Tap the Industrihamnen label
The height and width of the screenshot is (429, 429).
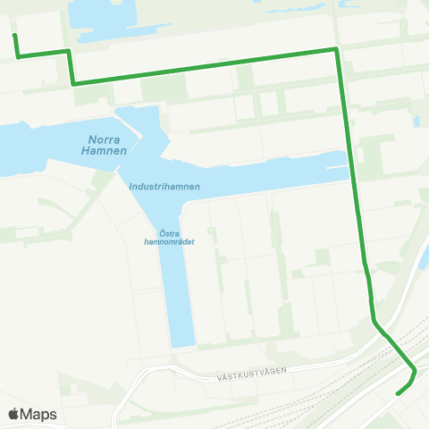pyautogui.click(x=164, y=187)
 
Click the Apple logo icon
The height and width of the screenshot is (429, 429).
pyautogui.click(x=14, y=414)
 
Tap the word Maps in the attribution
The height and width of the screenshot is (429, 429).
pyautogui.click(x=39, y=415)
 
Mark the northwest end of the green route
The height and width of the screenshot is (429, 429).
pyautogui.click(x=13, y=35)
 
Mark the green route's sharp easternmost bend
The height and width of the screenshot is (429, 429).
pyautogui.click(x=416, y=370)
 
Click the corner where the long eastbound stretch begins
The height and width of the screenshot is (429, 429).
pyautogui.click(x=72, y=83)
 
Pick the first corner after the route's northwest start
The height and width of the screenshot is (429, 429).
pyautogui.click(x=19, y=57)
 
